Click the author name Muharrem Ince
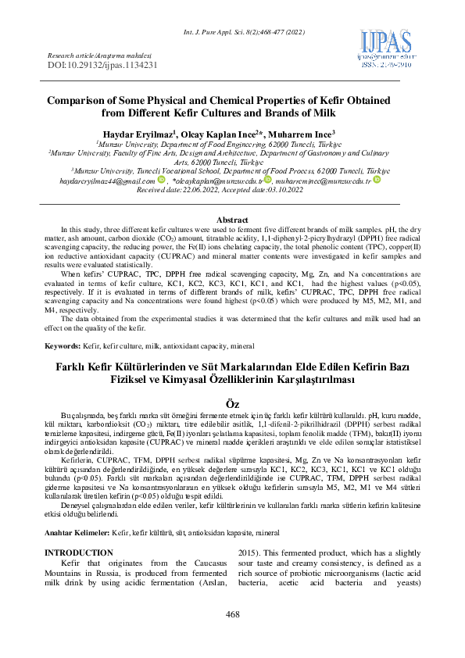point(302,134)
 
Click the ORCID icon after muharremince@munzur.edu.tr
point(376,180)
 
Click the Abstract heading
point(231,221)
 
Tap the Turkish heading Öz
point(232,402)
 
